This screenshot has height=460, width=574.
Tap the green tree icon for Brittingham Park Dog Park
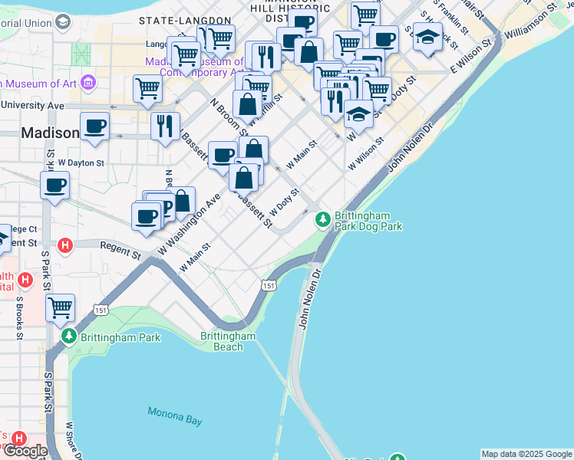[323, 220]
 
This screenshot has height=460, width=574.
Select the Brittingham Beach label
[228, 341]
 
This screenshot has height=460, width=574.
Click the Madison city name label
[50, 133]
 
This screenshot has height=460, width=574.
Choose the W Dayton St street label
[80, 163]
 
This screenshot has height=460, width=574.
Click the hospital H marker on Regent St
[66, 245]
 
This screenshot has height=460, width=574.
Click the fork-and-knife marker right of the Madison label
[165, 126]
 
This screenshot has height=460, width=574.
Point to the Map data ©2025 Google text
[526, 454]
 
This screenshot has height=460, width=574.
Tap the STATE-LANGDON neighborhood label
[184, 19]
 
